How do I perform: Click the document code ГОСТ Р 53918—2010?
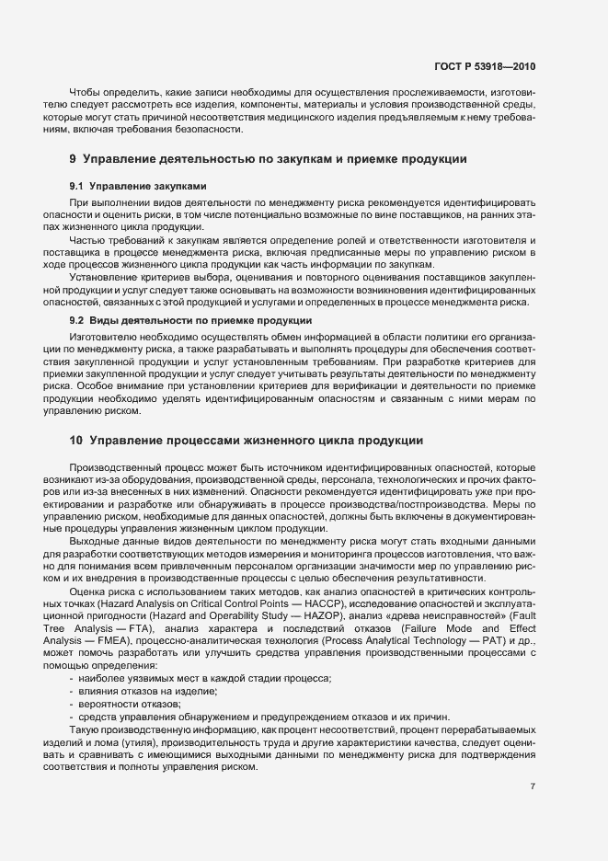tap(486, 66)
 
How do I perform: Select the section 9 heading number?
tap(73, 159)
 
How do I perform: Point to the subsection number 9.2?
tap(77, 320)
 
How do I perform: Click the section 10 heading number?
tap(75, 440)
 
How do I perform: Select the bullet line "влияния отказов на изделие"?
tap(148, 690)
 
